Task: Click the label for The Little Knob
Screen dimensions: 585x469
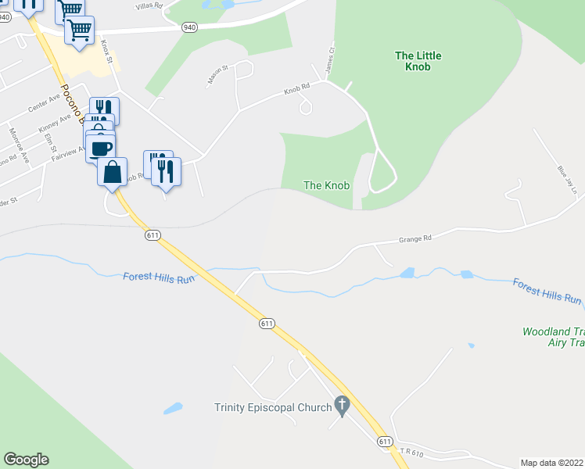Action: (418, 61)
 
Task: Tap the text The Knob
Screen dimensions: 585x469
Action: (326, 185)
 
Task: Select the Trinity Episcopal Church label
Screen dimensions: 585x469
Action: (272, 406)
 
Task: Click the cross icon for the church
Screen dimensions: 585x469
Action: (341, 405)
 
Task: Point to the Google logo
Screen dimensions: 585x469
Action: (26, 460)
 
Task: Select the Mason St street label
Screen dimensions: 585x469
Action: (217, 74)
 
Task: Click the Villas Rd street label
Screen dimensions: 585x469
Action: (148, 5)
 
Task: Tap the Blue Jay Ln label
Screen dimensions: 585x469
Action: (567, 180)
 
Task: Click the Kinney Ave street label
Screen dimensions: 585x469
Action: (54, 122)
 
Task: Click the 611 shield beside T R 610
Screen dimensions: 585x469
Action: (384, 442)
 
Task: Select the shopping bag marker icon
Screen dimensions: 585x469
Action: (113, 171)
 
